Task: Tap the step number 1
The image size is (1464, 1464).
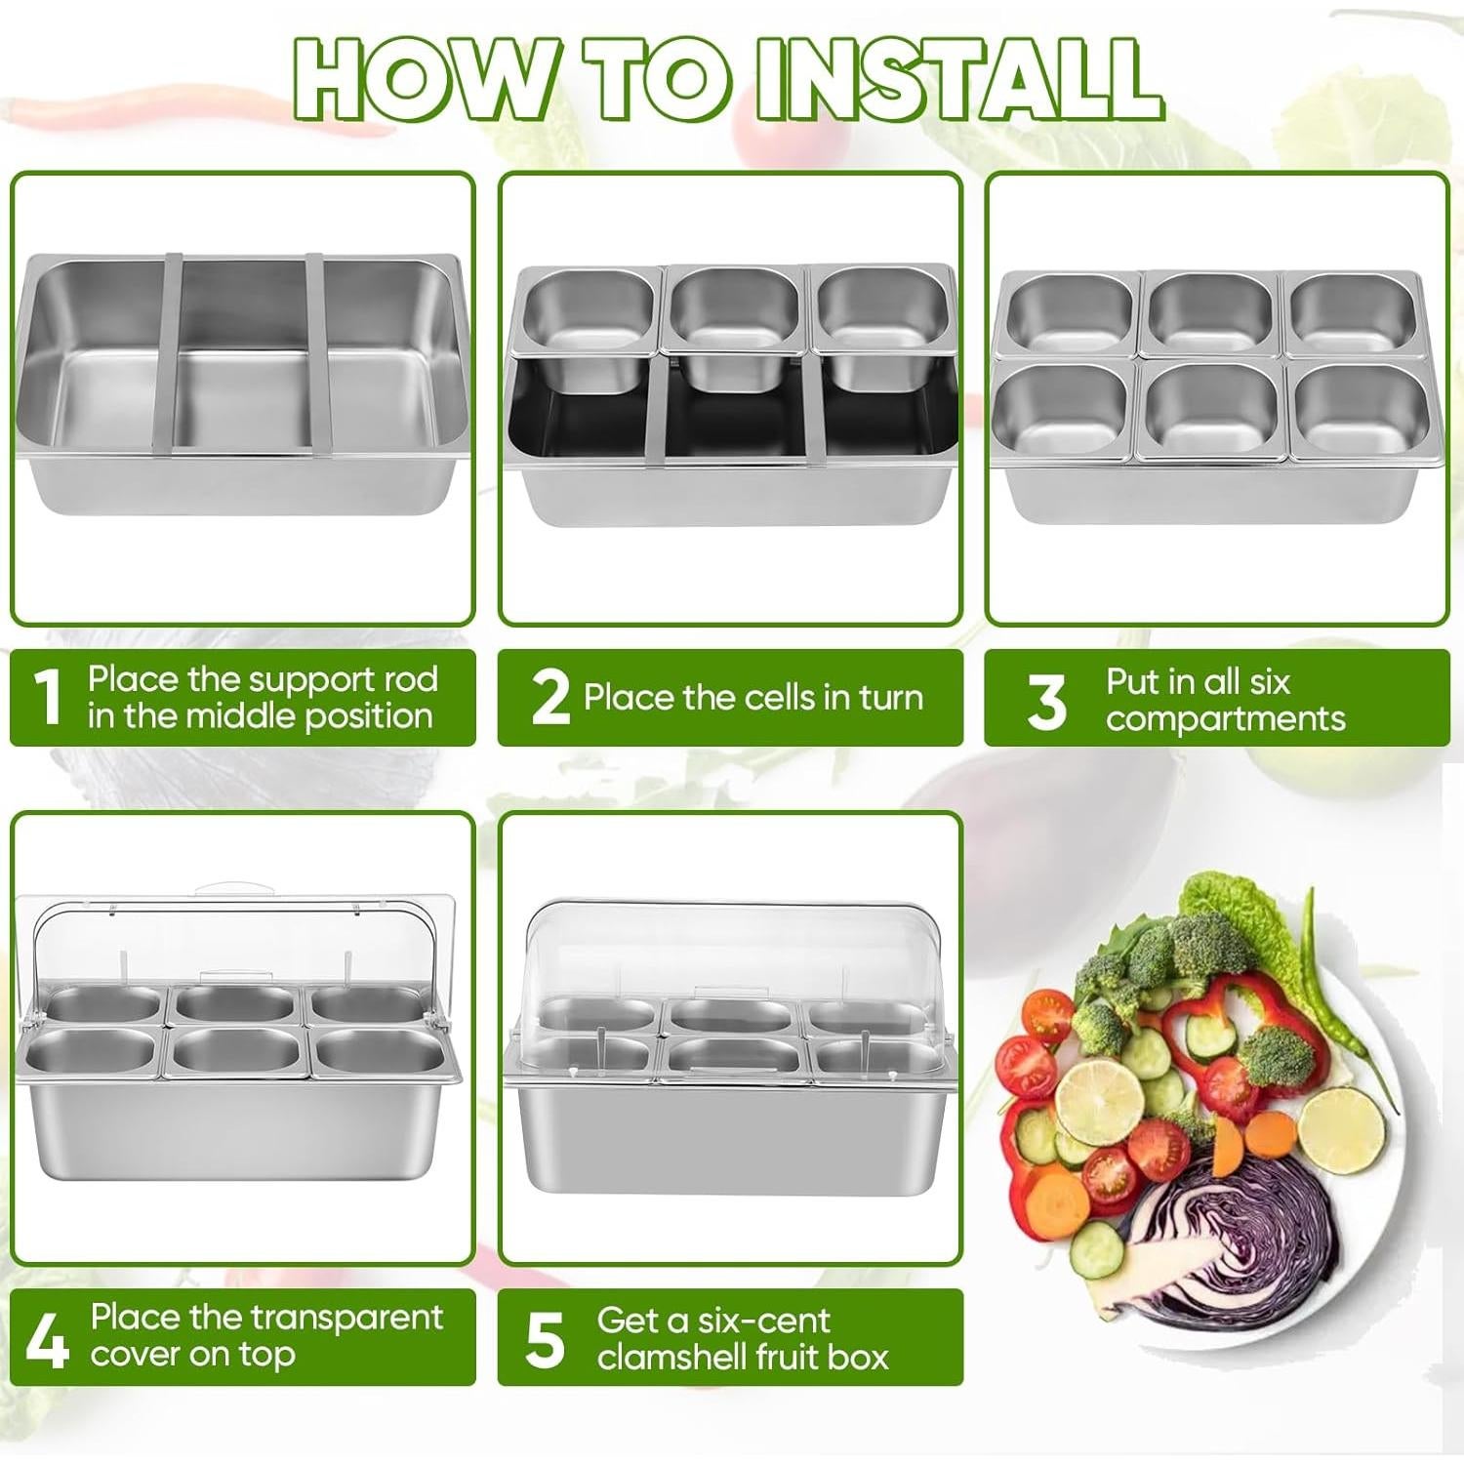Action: [47, 697]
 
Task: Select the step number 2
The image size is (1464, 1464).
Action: [550, 697]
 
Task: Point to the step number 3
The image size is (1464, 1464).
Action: [1046, 702]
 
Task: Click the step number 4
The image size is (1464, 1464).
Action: [47, 1340]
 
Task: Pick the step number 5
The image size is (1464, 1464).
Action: [545, 1340]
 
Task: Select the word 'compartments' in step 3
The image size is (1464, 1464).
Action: [1225, 720]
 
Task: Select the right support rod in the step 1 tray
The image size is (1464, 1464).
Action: [318, 354]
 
